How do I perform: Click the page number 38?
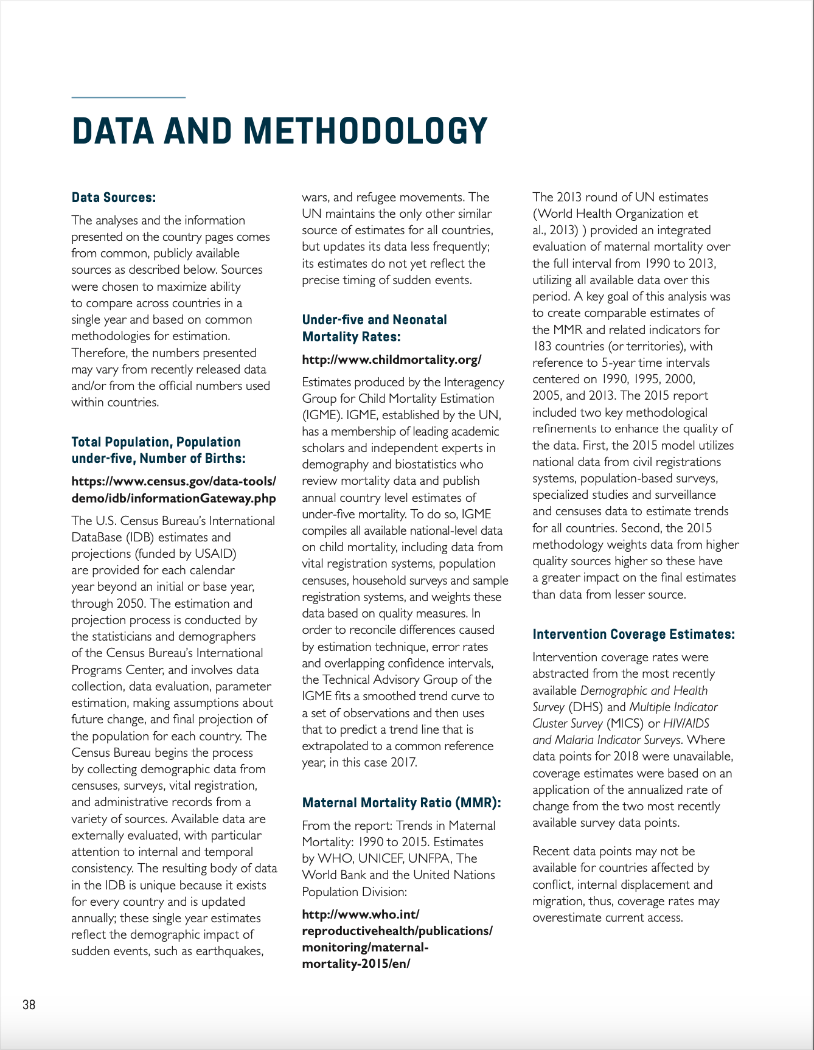pyautogui.click(x=29, y=1004)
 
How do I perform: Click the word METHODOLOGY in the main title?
pyautogui.click(x=366, y=131)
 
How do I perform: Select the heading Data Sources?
pyautogui.click(x=114, y=197)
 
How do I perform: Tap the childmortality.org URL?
pyautogui.click(x=391, y=360)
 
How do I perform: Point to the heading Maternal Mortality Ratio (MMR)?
pyautogui.click(x=401, y=802)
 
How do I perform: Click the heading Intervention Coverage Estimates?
pyautogui.click(x=633, y=634)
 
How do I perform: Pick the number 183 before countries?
pyautogui.click(x=542, y=346)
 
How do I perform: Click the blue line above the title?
pyautogui.click(x=128, y=97)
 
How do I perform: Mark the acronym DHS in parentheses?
pyautogui.click(x=586, y=707)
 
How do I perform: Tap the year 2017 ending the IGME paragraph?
pyautogui.click(x=403, y=762)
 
